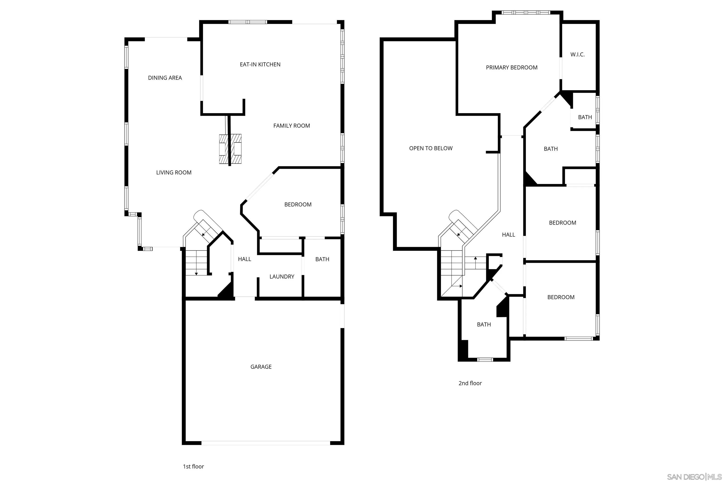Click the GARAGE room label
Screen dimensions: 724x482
coord(261,367)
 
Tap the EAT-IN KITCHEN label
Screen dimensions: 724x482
coord(260,64)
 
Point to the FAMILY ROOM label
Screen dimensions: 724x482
coord(292,126)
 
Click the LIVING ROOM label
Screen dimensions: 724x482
coord(174,173)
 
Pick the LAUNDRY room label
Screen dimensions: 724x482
coord(282,277)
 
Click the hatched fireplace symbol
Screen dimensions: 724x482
coord(230,149)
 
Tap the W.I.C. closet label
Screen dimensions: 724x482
coord(577,55)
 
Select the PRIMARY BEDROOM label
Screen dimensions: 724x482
coord(512,68)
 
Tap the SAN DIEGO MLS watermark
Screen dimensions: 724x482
coord(695,477)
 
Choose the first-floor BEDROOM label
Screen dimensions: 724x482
coord(298,205)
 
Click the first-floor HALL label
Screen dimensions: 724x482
coord(244,259)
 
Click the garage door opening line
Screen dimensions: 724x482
coord(266,443)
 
